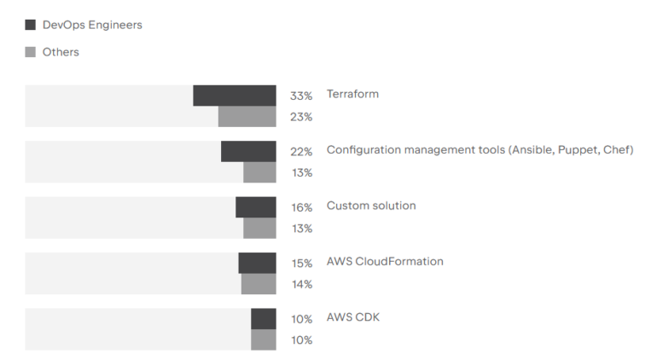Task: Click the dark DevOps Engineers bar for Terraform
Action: (x=234, y=96)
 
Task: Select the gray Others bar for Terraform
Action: (x=247, y=117)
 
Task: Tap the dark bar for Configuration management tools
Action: (x=248, y=151)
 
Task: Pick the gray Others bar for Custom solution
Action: (x=259, y=229)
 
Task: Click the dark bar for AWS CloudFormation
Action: (x=257, y=263)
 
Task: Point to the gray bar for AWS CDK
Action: (x=263, y=340)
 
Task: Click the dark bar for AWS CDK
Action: (x=263, y=319)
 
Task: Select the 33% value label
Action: (x=301, y=96)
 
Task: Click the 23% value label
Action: (x=301, y=117)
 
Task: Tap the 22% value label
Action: (x=301, y=152)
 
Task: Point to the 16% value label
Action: (x=301, y=207)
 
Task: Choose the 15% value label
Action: (x=301, y=264)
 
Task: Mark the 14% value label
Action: (x=301, y=284)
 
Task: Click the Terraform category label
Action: (x=352, y=94)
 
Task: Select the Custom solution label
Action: (x=371, y=206)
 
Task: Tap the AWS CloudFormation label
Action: (x=385, y=261)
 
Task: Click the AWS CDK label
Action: (x=353, y=317)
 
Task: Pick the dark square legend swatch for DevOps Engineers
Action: (x=31, y=25)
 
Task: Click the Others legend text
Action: (x=61, y=52)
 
